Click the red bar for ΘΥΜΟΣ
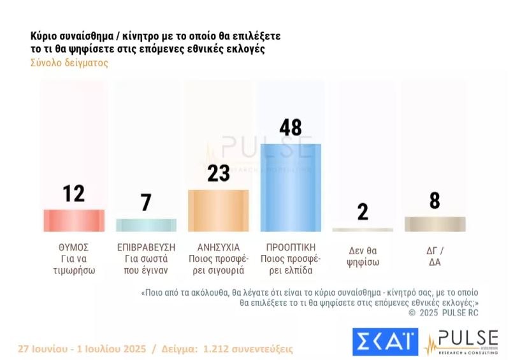click(73, 220)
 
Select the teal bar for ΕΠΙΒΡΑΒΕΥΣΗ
click(146, 225)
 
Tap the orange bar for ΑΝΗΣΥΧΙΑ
click(218, 210)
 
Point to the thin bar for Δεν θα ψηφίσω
click(363, 229)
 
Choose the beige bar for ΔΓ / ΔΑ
click(435, 224)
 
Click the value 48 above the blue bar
click(291, 127)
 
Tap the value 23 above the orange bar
click(218, 173)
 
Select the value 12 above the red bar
click(73, 193)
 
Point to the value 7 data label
click(146, 203)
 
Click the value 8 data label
click(435, 201)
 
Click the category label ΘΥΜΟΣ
click(73, 247)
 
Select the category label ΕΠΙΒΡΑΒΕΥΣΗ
click(146, 247)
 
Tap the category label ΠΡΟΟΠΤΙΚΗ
click(291, 247)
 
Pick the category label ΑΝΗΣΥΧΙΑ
click(218, 247)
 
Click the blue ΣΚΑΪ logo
click(385, 342)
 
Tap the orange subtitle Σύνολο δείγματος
click(69, 63)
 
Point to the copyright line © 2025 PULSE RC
click(443, 312)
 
